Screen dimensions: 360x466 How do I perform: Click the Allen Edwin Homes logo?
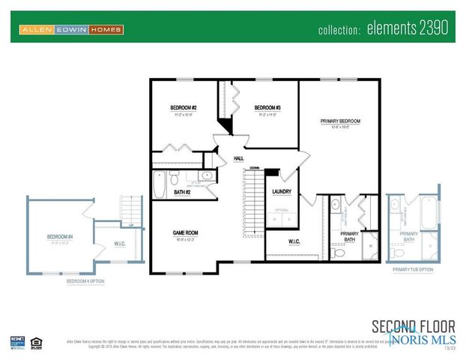[71, 30]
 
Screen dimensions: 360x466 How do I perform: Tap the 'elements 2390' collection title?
[382, 29]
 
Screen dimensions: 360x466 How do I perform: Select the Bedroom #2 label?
[184, 108]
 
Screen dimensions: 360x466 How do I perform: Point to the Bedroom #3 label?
[267, 108]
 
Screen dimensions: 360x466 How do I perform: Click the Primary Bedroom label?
[340, 121]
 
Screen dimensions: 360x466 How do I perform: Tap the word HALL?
[239, 158]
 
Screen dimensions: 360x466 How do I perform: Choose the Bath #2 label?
[183, 193]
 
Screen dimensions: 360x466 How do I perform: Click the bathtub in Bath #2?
[160, 184]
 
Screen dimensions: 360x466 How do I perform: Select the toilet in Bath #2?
[174, 178]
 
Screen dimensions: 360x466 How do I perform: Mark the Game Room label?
[184, 232]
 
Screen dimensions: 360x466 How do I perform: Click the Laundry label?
[281, 192]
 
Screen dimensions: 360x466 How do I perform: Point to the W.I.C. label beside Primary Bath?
[294, 241]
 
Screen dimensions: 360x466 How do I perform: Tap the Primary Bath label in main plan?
[349, 236]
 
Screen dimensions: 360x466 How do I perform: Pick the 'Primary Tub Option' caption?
[413, 268]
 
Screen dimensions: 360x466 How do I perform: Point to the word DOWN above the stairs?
[255, 167]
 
